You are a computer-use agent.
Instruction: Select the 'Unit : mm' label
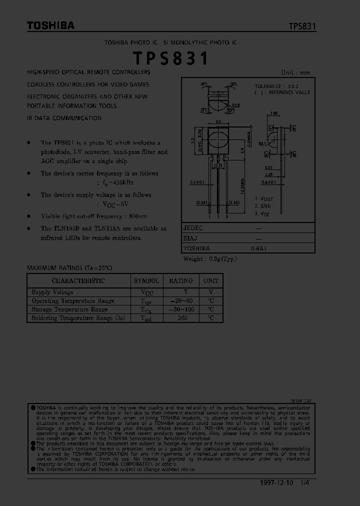click(x=295, y=72)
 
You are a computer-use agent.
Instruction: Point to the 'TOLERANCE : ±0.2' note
click(x=277, y=86)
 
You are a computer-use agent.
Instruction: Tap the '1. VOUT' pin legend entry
click(x=264, y=199)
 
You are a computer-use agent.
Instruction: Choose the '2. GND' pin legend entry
click(x=263, y=206)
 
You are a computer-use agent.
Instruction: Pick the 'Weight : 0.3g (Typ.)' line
click(x=210, y=258)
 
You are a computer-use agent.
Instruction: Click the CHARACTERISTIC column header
click(x=78, y=281)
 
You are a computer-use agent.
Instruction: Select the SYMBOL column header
click(x=146, y=281)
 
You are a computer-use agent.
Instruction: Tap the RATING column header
click(x=180, y=281)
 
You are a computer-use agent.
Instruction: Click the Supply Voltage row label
click(x=52, y=292)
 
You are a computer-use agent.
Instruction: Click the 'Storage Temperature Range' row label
click(x=69, y=309)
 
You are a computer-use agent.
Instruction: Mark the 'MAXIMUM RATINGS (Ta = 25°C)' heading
click(x=69, y=268)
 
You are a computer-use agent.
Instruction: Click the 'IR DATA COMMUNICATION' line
click(x=64, y=118)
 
